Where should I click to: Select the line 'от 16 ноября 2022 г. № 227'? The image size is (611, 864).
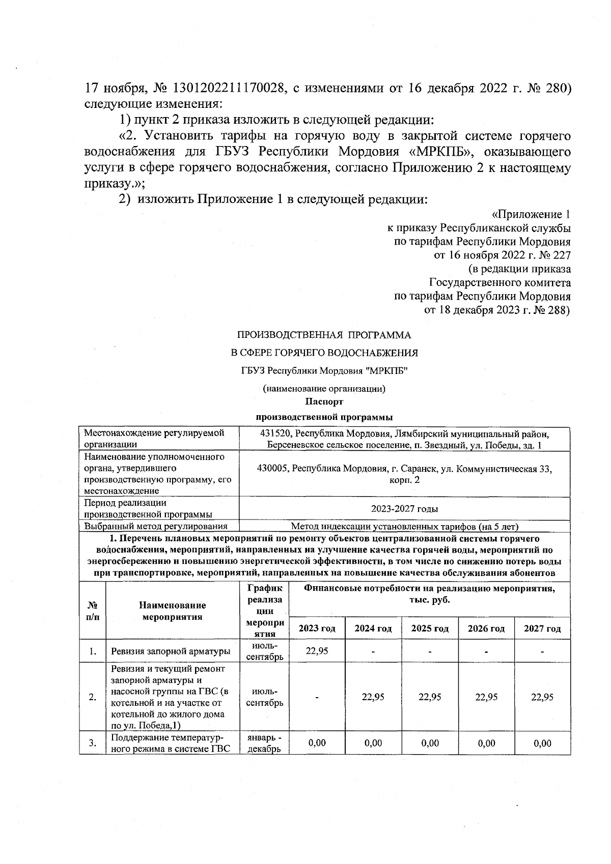pos(502,255)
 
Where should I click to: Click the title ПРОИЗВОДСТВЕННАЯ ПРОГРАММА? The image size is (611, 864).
pos(324,335)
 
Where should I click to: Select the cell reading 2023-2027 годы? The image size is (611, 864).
pos(404,509)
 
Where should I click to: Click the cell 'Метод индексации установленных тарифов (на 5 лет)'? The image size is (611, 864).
pos(404,527)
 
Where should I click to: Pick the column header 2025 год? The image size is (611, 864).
pos(430,628)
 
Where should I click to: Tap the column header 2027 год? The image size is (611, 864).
pos(542,628)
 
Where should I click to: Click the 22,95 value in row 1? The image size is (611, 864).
pos(317,651)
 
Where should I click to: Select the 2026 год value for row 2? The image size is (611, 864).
pos(486,697)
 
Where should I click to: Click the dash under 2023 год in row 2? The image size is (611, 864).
pos(317,697)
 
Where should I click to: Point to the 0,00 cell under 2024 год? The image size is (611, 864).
pos(373,743)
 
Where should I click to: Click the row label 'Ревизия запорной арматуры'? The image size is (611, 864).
pos(171,651)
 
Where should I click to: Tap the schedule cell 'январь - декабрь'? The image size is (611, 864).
pos(264,743)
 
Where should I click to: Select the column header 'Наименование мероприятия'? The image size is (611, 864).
pos(172,611)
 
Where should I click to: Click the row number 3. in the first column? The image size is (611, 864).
pos(92,743)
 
